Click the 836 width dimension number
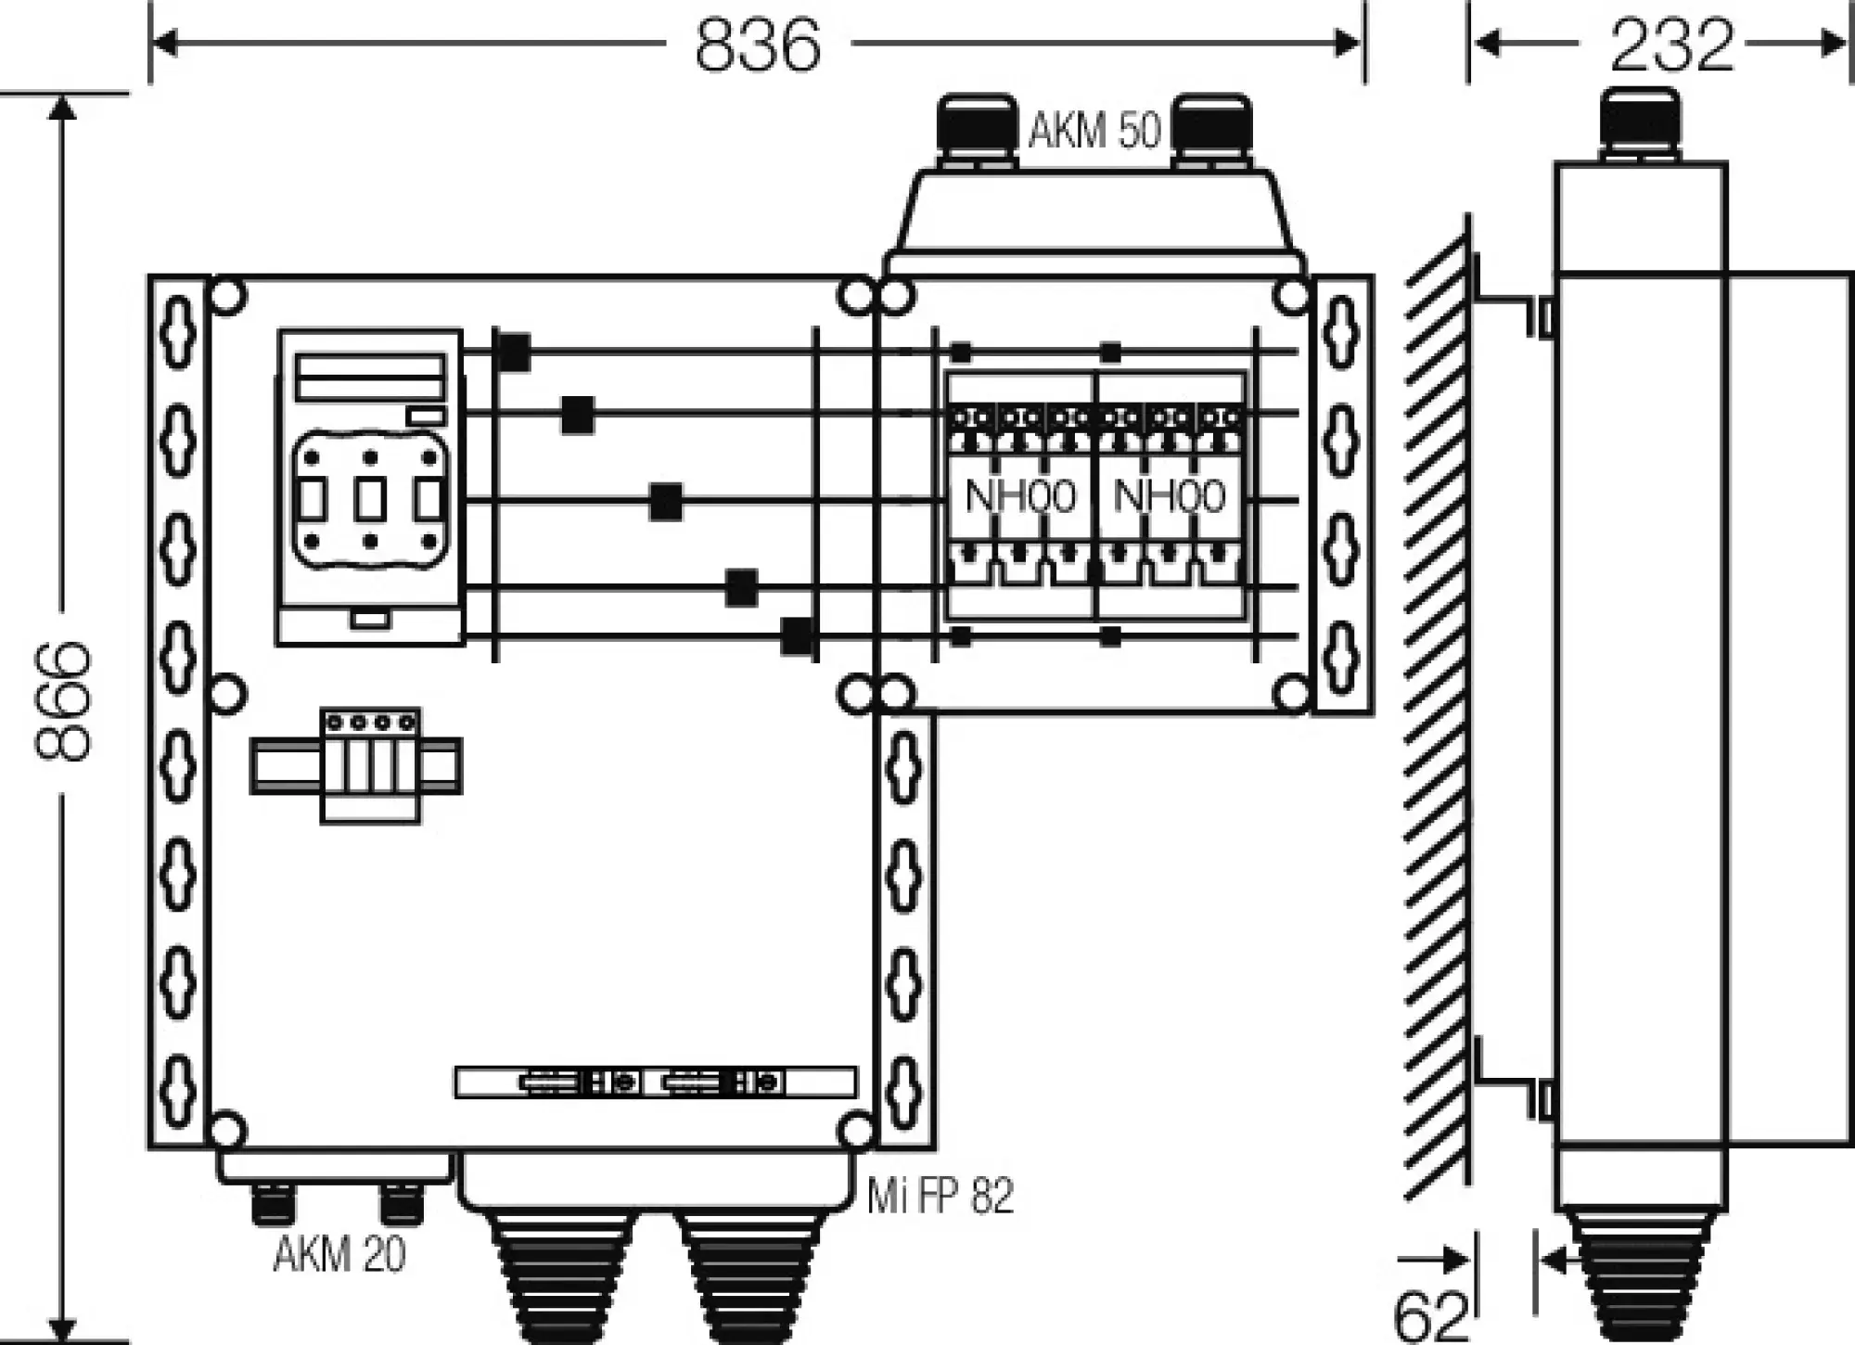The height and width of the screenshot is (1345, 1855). [x=758, y=44]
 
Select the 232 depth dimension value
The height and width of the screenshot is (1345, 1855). [x=1670, y=44]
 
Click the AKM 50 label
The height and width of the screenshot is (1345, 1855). [x=1094, y=130]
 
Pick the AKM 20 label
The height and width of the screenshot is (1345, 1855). [x=339, y=1256]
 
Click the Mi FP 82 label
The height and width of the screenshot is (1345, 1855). [x=940, y=1196]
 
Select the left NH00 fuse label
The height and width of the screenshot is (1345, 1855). [x=1020, y=496]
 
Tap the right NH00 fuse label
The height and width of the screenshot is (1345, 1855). [x=1169, y=496]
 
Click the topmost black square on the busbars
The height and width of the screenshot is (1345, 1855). [x=514, y=352]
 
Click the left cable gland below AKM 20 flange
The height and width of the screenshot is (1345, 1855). [x=275, y=1203]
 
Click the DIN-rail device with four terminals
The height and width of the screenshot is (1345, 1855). [x=369, y=765]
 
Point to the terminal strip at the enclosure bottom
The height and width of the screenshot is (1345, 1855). [x=655, y=1082]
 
